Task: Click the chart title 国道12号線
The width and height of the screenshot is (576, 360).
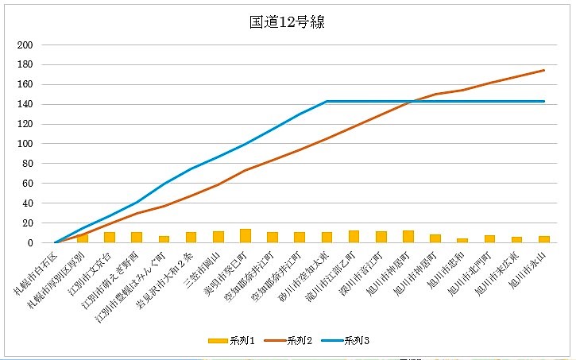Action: [287, 21]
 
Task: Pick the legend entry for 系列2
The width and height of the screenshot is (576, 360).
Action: [299, 341]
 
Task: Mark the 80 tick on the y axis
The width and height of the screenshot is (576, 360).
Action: [26, 164]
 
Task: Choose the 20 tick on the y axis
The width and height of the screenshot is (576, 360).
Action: [26, 223]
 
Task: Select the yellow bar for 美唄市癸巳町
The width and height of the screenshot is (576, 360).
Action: [245, 236]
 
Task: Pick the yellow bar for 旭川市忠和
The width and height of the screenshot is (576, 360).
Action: [462, 240]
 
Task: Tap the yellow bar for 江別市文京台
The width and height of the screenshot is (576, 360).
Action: [110, 238]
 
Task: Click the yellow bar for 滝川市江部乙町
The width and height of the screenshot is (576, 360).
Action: [354, 237]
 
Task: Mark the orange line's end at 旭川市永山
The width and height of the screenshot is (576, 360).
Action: [544, 70]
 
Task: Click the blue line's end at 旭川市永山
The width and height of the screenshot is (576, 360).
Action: [544, 101]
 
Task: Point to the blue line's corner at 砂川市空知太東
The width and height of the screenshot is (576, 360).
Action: [327, 101]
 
